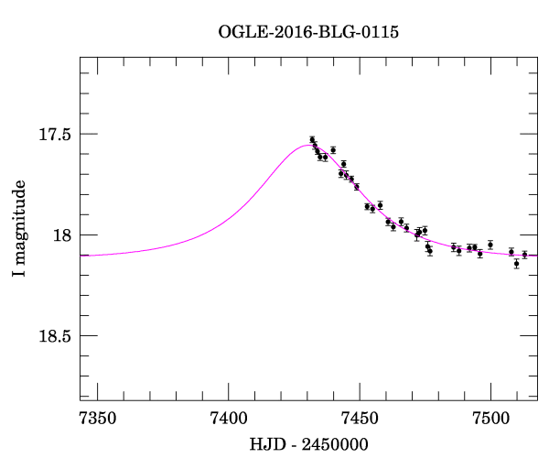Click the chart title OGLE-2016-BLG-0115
(x=308, y=33)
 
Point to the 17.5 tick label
(x=54, y=135)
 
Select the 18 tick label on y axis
(x=60, y=235)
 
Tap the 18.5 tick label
(x=54, y=336)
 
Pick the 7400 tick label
(x=228, y=419)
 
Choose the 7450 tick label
(x=360, y=419)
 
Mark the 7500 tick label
(x=490, y=419)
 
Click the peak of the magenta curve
(x=307, y=145)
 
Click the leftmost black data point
(x=312, y=140)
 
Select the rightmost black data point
(x=524, y=255)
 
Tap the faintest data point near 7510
(x=516, y=264)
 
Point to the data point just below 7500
(x=490, y=245)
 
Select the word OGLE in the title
(x=240, y=33)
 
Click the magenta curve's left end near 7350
(x=82, y=255)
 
